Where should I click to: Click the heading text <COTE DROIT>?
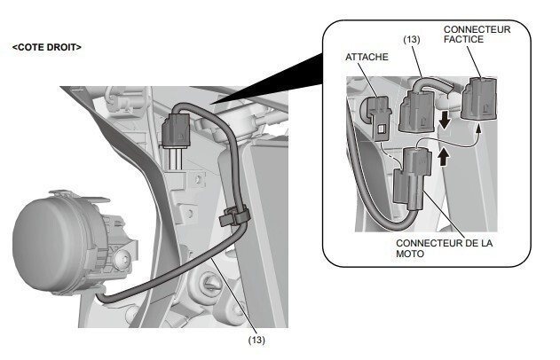[x=47, y=46]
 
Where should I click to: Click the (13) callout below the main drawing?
[x=256, y=339]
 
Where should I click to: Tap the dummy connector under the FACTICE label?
[x=479, y=96]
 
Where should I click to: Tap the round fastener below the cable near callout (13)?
[x=211, y=285]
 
